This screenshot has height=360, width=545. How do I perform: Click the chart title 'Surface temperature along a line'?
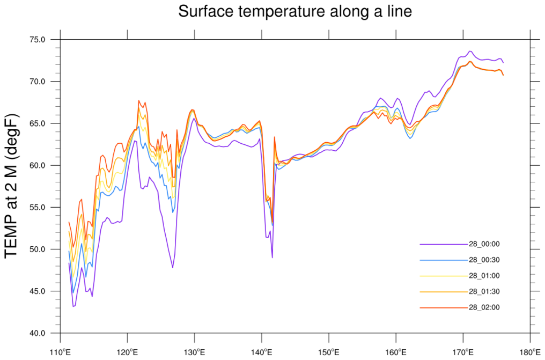(x=295, y=11)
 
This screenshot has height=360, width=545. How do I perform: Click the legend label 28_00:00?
(x=484, y=244)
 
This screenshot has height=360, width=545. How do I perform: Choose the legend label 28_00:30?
(x=484, y=260)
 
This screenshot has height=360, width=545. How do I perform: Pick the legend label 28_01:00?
(x=484, y=276)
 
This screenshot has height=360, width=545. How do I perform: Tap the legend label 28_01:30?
(x=484, y=291)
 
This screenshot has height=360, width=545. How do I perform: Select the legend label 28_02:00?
(x=484, y=307)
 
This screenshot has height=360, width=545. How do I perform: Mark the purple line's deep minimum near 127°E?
(x=173, y=267)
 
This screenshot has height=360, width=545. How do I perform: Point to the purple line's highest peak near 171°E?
(x=470, y=51)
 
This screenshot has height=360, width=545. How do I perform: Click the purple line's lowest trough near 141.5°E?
(x=272, y=258)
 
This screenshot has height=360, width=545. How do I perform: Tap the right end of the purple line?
(x=503, y=63)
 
